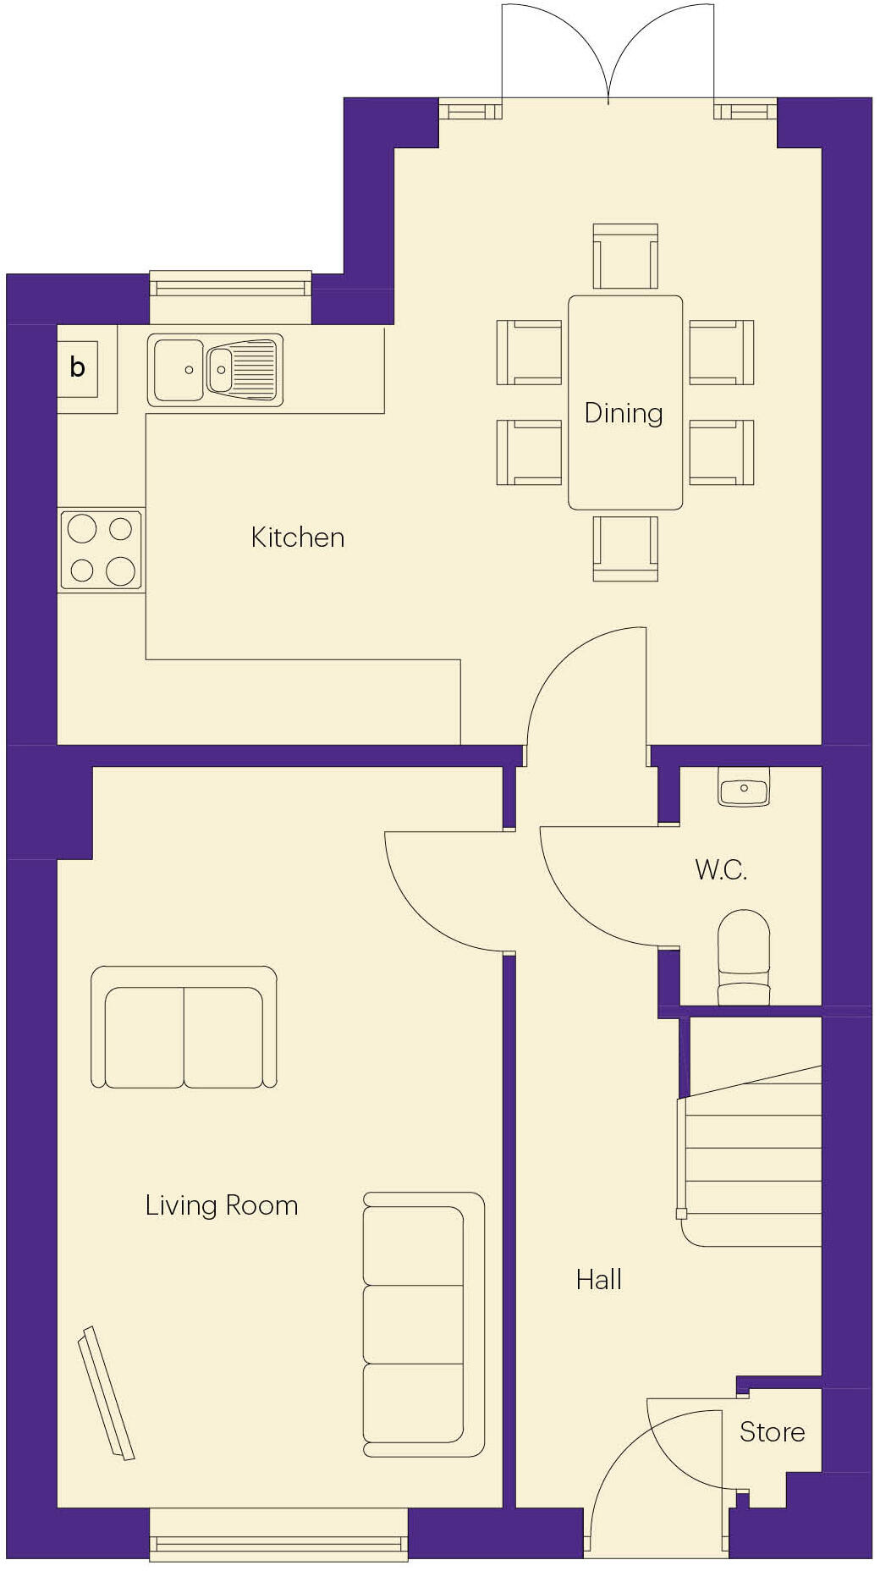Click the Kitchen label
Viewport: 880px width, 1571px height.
click(297, 537)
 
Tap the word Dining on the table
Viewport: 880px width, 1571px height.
click(624, 413)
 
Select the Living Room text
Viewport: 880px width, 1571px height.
click(221, 1205)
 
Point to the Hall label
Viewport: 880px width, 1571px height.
click(598, 1280)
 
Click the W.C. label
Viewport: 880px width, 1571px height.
click(721, 870)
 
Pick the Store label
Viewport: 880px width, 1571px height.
click(772, 1432)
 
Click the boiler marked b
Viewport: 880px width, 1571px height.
click(77, 368)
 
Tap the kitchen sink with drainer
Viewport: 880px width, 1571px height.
click(215, 370)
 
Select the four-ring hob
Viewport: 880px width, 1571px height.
click(101, 550)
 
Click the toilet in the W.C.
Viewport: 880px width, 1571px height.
click(744, 956)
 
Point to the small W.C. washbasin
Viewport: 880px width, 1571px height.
click(744, 789)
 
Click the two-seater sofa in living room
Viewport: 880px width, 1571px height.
click(184, 1027)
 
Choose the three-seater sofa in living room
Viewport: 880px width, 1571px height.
click(422, 1325)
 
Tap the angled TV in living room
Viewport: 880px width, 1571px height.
click(106, 1393)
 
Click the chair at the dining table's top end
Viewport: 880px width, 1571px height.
click(625, 256)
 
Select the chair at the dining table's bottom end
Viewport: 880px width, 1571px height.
click(625, 548)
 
